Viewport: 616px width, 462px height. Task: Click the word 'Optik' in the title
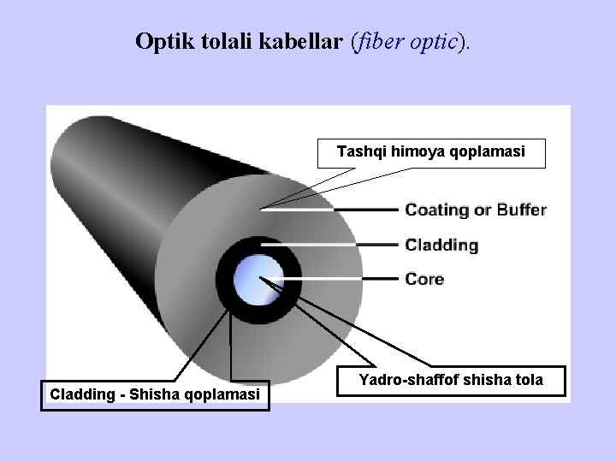pos(157,41)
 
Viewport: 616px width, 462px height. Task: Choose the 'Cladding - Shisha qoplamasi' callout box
pos(155,394)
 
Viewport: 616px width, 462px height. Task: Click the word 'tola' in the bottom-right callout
pos(529,379)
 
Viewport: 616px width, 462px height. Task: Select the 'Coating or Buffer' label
pos(475,210)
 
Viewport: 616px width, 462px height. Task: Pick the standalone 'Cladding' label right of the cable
pos(441,245)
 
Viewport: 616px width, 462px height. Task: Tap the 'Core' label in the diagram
pos(424,279)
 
